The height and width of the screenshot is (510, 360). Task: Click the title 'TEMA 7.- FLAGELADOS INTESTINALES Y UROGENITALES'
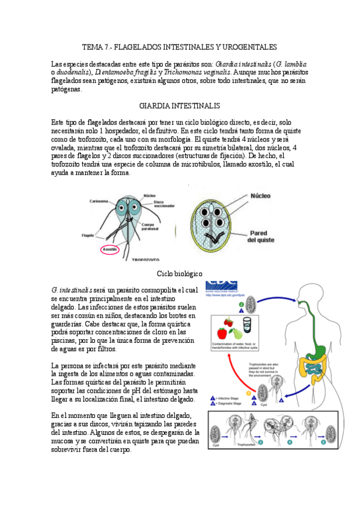(x=180, y=46)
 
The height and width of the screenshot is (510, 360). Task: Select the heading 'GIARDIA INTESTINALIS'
(x=180, y=105)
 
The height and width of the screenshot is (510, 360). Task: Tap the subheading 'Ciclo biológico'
(x=180, y=274)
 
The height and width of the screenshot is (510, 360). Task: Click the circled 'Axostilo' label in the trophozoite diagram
(x=109, y=248)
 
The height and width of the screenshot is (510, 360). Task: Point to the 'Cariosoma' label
(x=99, y=201)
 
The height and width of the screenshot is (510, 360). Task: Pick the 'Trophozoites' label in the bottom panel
(x=247, y=446)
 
